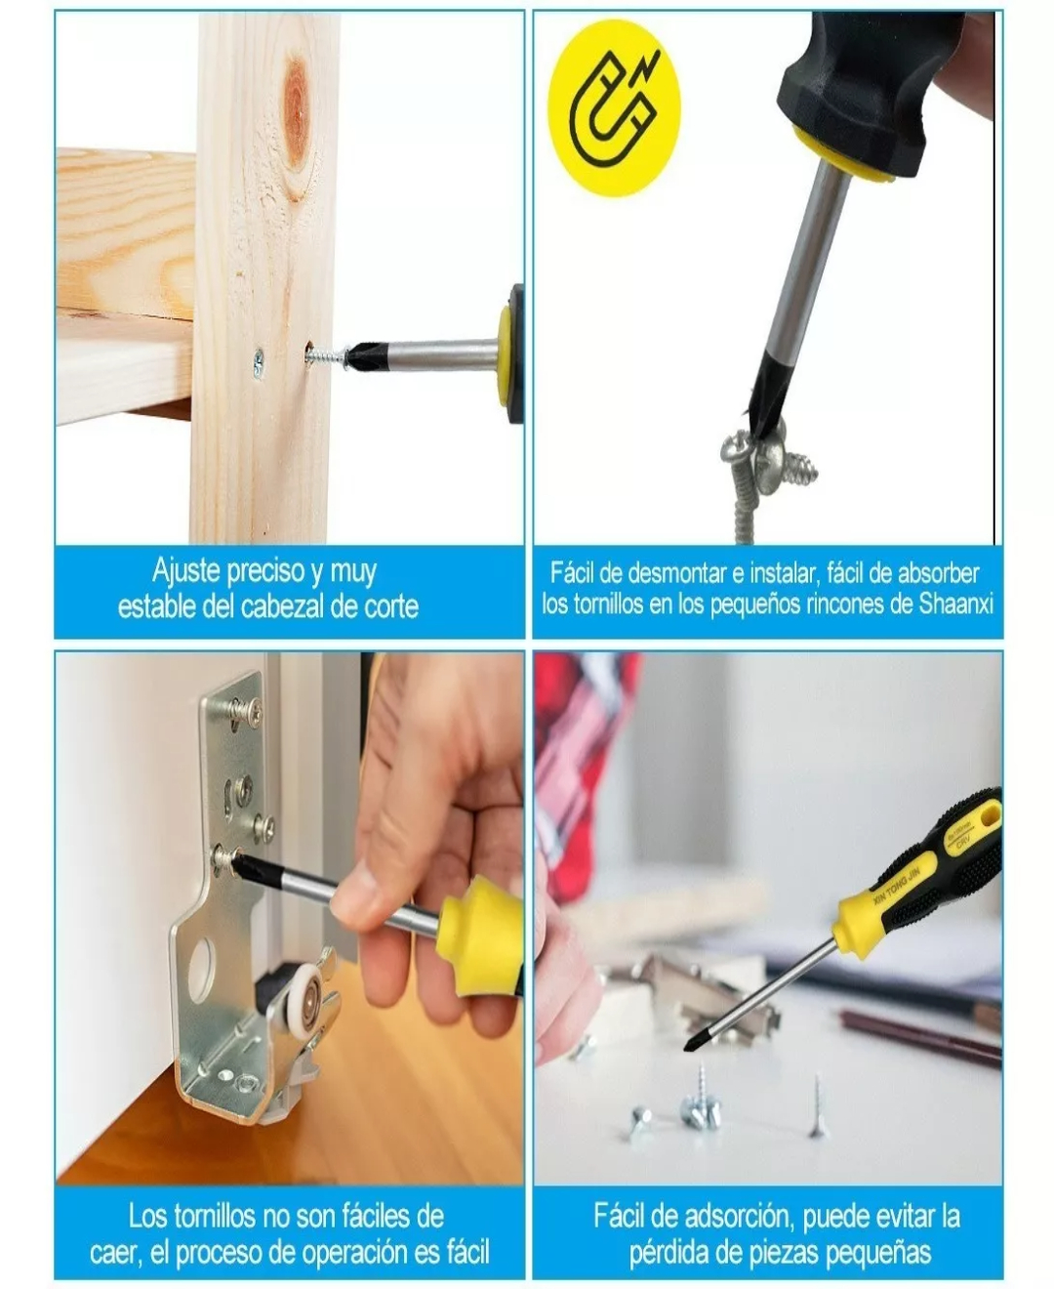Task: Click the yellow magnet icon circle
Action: (615, 107)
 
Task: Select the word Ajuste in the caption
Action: (185, 571)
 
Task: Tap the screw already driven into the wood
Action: (259, 362)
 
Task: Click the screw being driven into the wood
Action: (328, 353)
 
